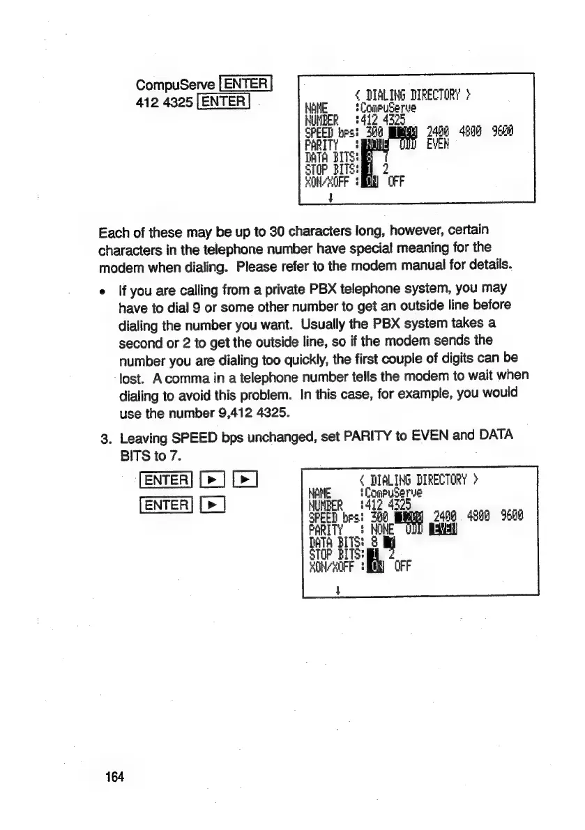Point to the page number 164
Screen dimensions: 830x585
click(114, 777)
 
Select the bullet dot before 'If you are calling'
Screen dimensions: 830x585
click(104, 288)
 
